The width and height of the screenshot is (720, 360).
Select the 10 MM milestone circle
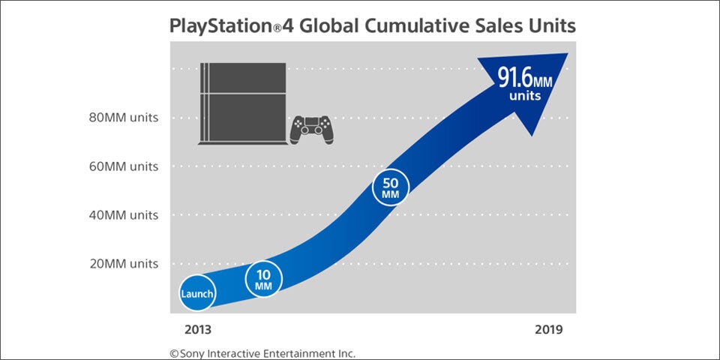pos(263,279)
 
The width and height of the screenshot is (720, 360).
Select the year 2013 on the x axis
pos(198,329)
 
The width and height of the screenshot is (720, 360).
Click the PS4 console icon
pos(242,104)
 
